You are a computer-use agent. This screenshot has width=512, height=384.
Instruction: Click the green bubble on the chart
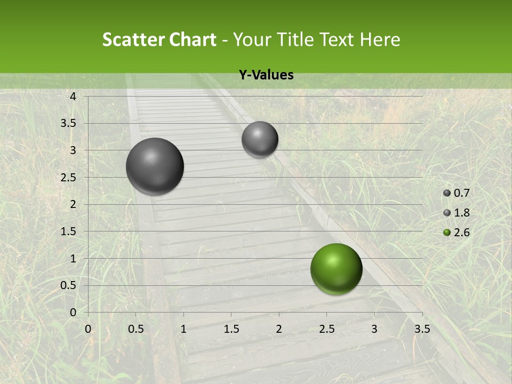(336, 269)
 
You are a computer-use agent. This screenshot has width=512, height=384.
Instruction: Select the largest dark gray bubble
(155, 166)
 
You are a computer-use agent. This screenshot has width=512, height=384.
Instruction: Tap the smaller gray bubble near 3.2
(260, 139)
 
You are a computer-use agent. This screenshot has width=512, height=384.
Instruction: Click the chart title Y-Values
(266, 75)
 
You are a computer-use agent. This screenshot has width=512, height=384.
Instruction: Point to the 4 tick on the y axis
(73, 97)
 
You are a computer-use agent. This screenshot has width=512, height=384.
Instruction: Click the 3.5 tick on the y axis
(68, 123)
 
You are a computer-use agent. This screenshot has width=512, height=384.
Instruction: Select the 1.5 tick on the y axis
(68, 231)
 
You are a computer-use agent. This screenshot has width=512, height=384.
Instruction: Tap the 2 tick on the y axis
(73, 204)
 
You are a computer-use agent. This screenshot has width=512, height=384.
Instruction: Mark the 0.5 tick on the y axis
(68, 285)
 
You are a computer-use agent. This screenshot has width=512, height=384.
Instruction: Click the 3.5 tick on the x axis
(422, 328)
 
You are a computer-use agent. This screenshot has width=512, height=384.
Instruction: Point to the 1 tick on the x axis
(183, 328)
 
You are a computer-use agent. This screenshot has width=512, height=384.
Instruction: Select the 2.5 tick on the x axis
(327, 328)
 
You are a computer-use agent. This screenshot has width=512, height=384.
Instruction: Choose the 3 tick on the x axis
(374, 328)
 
